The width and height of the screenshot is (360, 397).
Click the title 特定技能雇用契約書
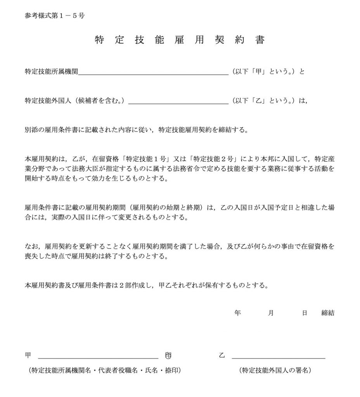pyautogui.click(x=180, y=40)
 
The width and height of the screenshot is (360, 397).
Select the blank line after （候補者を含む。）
pyautogui.click(x=178, y=101)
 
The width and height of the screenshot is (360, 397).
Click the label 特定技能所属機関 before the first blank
pyautogui.click(x=51, y=72)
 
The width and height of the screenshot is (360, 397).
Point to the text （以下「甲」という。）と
pyautogui.click(x=268, y=72)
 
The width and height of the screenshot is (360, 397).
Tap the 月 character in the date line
pyautogui.click(x=270, y=313)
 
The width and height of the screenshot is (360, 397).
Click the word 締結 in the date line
pyautogui.click(x=328, y=313)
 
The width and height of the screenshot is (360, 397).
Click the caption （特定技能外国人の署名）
pyautogui.click(x=276, y=371)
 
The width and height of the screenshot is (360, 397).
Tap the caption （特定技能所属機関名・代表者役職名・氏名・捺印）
pyautogui.click(x=103, y=371)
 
